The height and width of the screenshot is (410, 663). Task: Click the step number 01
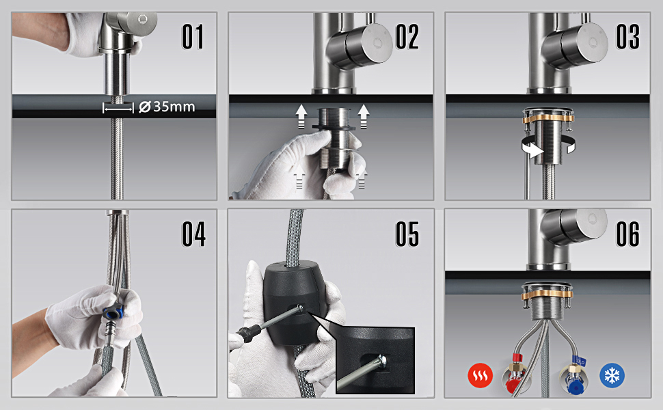[x=193, y=37]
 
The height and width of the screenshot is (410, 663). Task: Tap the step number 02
[x=407, y=37]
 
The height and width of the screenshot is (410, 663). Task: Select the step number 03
[x=627, y=37]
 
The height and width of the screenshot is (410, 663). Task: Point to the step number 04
[x=193, y=234]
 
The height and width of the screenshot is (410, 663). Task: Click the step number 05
[x=407, y=234]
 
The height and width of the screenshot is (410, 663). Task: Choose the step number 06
[x=627, y=234]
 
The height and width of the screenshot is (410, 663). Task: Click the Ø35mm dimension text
[x=167, y=107]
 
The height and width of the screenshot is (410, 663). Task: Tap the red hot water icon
[x=480, y=375]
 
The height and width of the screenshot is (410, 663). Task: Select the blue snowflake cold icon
[x=612, y=375]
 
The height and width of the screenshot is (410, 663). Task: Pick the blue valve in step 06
[x=573, y=379]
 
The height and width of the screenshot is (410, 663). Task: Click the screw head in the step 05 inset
[x=382, y=361]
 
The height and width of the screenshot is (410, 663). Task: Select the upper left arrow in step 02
[x=301, y=116]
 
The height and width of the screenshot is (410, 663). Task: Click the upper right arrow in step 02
[x=364, y=116]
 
